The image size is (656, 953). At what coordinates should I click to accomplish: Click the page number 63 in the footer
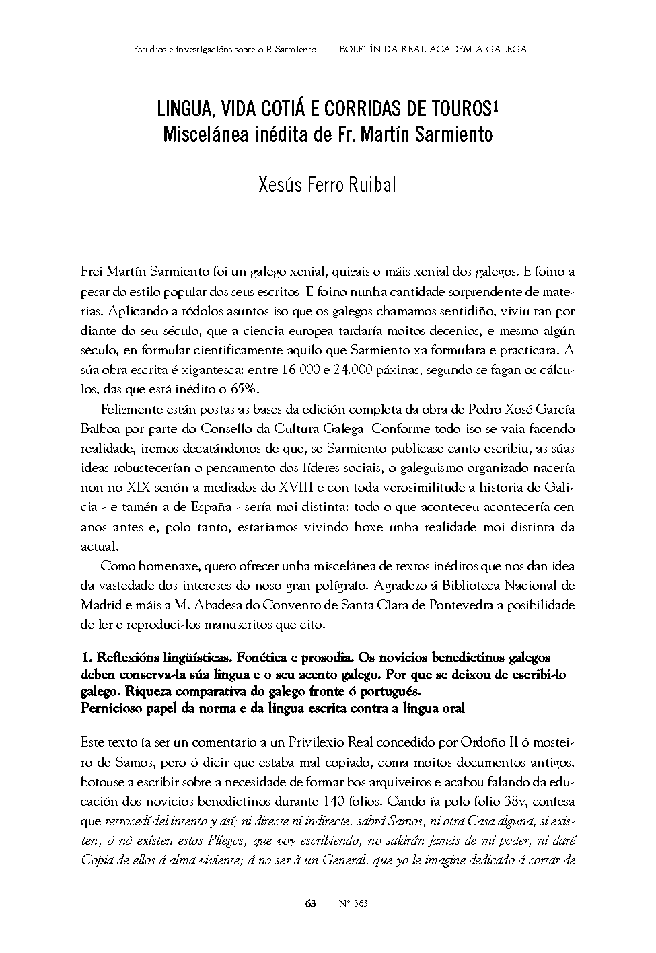point(311,903)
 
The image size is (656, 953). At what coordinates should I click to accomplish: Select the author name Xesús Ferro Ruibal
point(328,184)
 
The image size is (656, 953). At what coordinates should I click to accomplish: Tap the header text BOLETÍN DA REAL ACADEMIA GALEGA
point(433,49)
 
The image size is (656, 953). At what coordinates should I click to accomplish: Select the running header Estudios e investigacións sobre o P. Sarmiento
point(225,49)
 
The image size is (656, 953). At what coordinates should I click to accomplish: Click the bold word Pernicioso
point(114,708)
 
